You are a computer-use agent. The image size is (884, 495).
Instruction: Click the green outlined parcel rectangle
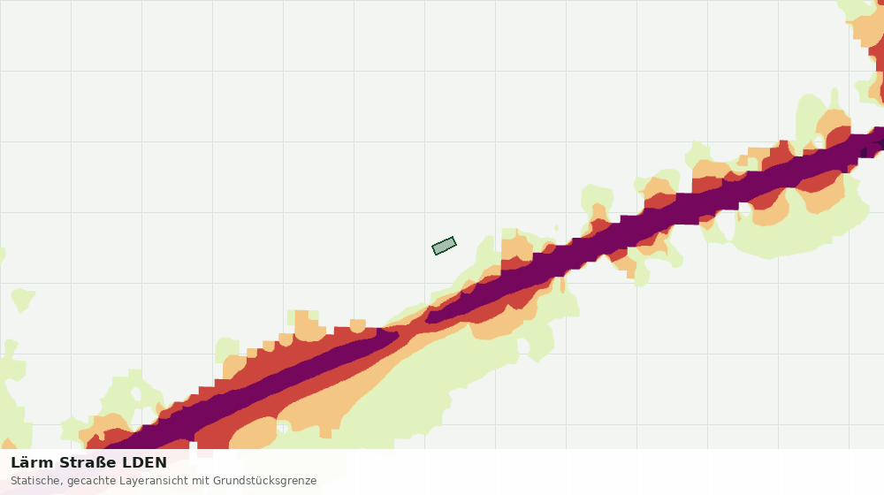(445, 246)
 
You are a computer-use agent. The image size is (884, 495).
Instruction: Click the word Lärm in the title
(33, 462)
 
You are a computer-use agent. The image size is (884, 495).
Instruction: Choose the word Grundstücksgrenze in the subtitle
(264, 481)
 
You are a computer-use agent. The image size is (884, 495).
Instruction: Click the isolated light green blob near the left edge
(23, 300)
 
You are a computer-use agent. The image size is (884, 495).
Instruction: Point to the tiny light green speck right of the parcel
(556, 228)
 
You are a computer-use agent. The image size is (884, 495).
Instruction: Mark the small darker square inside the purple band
(865, 152)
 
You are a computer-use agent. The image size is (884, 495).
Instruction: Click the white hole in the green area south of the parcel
(523, 346)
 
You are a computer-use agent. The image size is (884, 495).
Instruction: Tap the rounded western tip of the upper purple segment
(428, 318)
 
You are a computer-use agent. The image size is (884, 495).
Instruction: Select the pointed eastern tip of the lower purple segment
(398, 334)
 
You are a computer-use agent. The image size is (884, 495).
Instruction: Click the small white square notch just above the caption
(194, 446)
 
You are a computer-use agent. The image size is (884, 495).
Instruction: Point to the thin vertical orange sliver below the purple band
(562, 286)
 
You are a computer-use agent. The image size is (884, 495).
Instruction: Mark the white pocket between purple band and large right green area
(745, 209)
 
